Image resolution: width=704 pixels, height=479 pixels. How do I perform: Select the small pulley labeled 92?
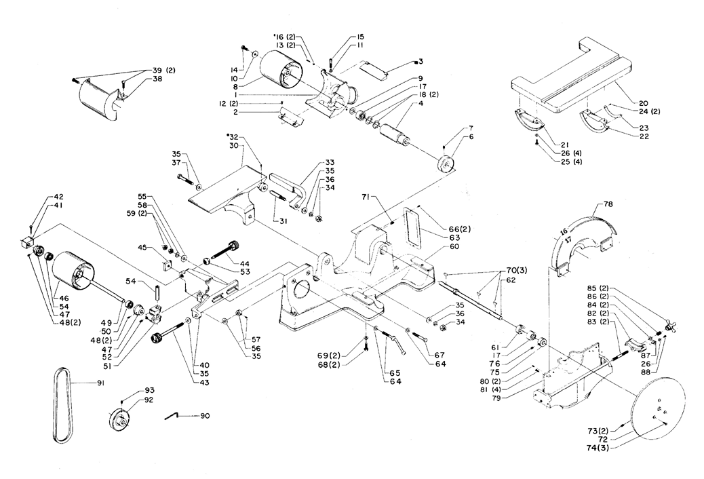click(119, 420)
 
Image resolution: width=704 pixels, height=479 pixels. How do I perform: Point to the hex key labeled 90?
click(172, 416)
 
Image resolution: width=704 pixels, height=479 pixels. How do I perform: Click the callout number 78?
click(608, 204)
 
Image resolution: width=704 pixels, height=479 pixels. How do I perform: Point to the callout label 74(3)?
click(601, 447)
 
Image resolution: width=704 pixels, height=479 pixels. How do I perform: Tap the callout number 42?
click(58, 197)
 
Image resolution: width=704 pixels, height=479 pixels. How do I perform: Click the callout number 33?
click(330, 162)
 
